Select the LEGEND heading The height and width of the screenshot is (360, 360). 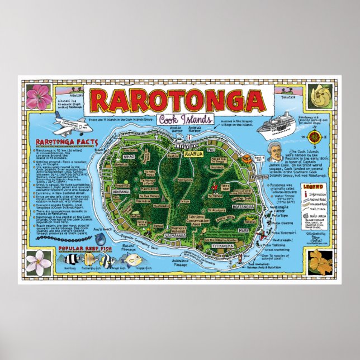coord(314,185)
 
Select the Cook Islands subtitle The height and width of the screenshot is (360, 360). coord(177,120)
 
